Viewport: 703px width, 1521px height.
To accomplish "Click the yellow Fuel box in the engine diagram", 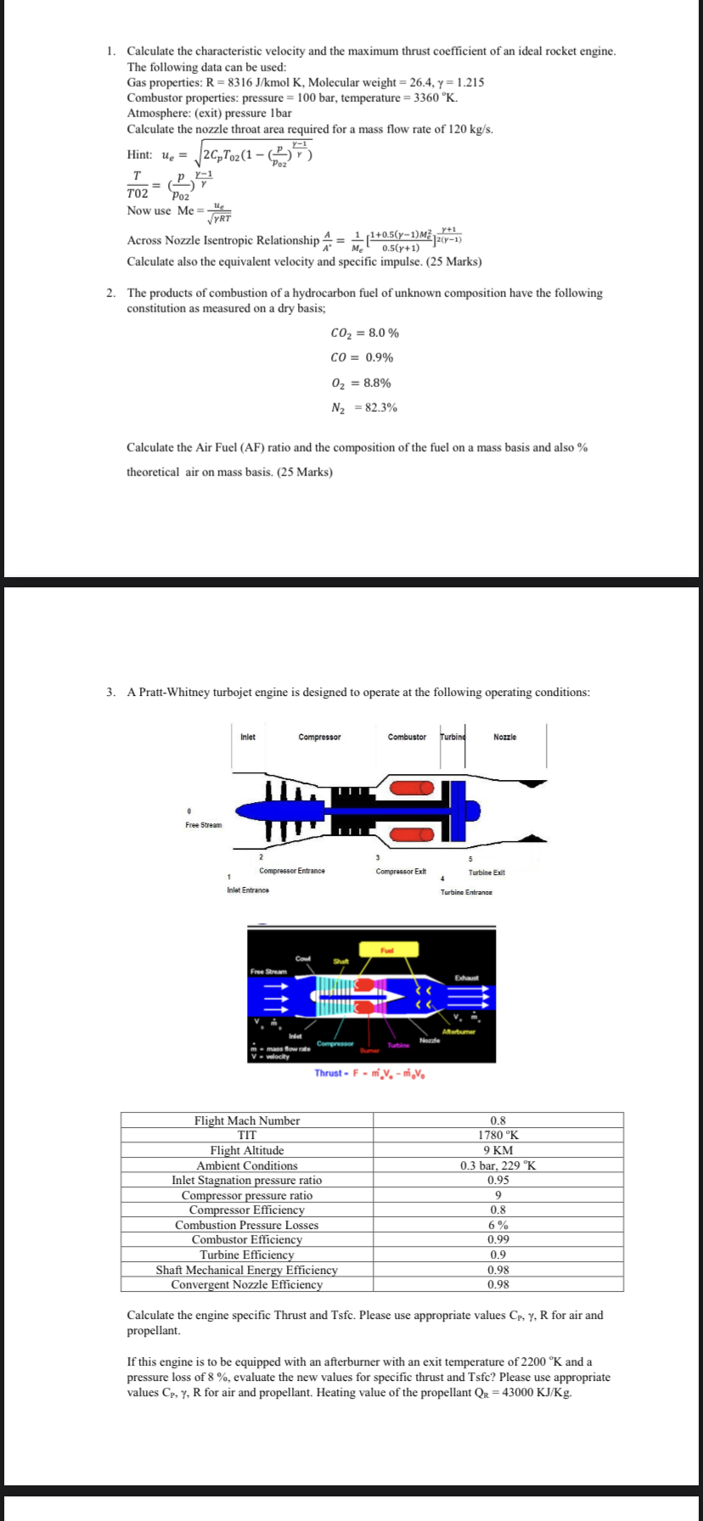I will pos(387,949).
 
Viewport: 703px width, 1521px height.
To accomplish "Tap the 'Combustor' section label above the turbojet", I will pos(407,737).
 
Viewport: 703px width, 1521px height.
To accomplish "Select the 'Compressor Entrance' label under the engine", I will pos(291,871).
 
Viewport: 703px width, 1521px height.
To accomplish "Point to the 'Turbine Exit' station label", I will pos(486,873).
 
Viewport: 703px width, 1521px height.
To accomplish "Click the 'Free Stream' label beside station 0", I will pos(204,825).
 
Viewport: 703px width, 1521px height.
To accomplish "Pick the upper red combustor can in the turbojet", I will pos(411,788).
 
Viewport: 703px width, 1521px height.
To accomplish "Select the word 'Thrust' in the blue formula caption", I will pos(328,1073).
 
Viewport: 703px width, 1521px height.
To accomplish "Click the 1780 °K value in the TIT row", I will pos(498,1136).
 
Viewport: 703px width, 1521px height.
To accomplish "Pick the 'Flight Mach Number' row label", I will pos(247,1120).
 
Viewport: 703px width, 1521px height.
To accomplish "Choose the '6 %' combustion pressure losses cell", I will pos(498,1225).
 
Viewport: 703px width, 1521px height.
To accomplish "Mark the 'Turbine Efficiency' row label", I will pos(247,1254).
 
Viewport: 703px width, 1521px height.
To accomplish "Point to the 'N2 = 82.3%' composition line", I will pos(364,407).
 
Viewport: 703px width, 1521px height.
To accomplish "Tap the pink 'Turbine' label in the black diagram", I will pos(399,1046).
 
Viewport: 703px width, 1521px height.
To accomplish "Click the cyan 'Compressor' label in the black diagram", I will pos(335,1043).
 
